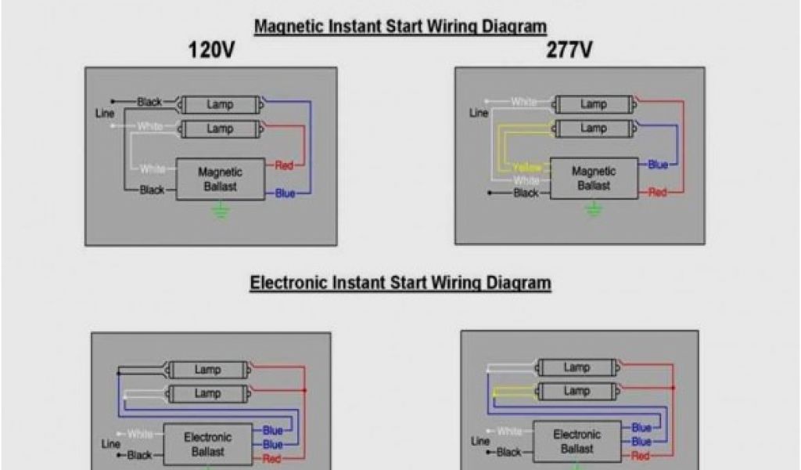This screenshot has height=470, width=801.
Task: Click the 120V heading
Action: coord(210,50)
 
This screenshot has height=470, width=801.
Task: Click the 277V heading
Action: coord(569,50)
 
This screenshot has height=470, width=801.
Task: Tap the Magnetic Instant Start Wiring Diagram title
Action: coord(400,26)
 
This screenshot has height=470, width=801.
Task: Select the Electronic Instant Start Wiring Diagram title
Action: coord(400,282)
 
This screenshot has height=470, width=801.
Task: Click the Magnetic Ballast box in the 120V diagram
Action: coord(220,179)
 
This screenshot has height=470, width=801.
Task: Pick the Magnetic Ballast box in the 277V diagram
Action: coord(594,178)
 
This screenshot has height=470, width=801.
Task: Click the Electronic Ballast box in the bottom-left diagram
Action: coord(207,444)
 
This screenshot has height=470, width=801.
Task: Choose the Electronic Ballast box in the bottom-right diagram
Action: coord(577,442)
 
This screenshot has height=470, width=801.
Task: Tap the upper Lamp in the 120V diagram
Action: coord(220,104)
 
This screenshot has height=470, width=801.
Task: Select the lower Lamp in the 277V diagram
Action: coord(593,128)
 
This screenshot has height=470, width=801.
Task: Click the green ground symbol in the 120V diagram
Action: coord(221,210)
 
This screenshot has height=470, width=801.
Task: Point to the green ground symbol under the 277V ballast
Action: coord(594,209)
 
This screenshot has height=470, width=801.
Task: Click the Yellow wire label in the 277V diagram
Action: coord(527,168)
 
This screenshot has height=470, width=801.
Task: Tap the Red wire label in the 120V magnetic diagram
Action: coord(284,165)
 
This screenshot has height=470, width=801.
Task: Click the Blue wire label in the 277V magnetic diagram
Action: coord(658,164)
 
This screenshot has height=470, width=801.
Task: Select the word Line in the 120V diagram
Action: coord(105,114)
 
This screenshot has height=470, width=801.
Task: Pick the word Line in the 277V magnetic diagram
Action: coord(479,114)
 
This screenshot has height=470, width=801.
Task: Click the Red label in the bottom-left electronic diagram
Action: coord(272,459)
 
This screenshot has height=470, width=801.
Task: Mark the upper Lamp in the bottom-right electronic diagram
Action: coord(577,367)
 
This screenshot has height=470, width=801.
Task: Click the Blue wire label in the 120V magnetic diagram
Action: coord(285,193)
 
